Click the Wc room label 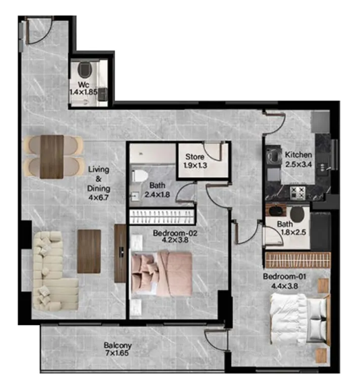pos(84,85)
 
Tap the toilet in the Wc pos(85,69)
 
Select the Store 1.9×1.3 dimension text pos(195,165)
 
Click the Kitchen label pos(298,155)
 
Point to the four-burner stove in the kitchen pos(297,192)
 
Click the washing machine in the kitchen pos(273,156)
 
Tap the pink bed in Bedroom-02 pos(161,273)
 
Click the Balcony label pos(117,345)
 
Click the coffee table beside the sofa pos(89,251)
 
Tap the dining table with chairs pos(53,156)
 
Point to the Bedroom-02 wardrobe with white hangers pos(161,216)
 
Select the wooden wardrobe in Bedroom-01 pos(298,260)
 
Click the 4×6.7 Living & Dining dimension pos(98,198)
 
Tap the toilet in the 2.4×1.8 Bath pos(139,176)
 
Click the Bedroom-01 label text pos(284,276)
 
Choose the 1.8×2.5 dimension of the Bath pos(293,232)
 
